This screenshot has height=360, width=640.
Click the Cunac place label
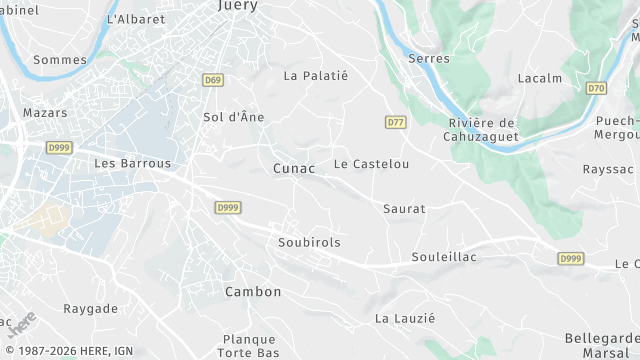294,169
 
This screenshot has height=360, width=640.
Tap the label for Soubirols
309,242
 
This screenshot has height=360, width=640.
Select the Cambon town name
253,292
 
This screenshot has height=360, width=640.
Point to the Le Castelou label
372,163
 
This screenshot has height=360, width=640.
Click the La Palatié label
315,75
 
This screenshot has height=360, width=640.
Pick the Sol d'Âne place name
234,117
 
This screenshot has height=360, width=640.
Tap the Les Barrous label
132,163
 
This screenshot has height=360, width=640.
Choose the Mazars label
45,113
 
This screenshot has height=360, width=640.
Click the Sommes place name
60,60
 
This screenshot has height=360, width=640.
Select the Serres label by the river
429,59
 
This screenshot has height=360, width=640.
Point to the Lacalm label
540,78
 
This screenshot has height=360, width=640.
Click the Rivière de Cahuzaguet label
481,129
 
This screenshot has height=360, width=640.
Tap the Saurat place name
404,209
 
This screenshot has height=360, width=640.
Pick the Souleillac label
444,257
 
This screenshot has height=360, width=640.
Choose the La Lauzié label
405,318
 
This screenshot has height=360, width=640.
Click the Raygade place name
91,309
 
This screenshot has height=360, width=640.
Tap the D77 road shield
396,122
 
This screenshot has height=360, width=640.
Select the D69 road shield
212,80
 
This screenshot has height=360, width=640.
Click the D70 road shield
597,88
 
